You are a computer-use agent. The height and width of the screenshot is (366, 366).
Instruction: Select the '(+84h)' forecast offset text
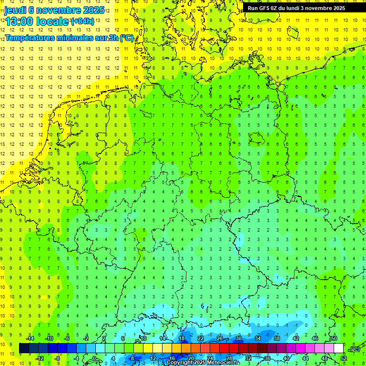(83, 21)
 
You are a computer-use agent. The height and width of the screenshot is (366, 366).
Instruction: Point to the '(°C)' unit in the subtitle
(126, 38)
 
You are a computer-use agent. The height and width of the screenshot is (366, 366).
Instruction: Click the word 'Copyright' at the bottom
(180, 363)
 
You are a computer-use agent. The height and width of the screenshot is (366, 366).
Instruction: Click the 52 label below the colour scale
(344, 358)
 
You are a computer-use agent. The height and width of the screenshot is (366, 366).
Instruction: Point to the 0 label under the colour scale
(94, 358)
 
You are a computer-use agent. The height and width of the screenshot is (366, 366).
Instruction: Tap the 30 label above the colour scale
(238, 338)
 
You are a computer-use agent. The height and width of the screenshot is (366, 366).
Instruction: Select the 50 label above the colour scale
(334, 338)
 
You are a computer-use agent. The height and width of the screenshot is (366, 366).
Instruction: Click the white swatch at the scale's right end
(339, 348)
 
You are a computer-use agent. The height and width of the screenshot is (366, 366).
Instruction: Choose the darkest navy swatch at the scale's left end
(24, 348)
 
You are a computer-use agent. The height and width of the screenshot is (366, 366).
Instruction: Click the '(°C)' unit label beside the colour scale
(354, 349)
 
